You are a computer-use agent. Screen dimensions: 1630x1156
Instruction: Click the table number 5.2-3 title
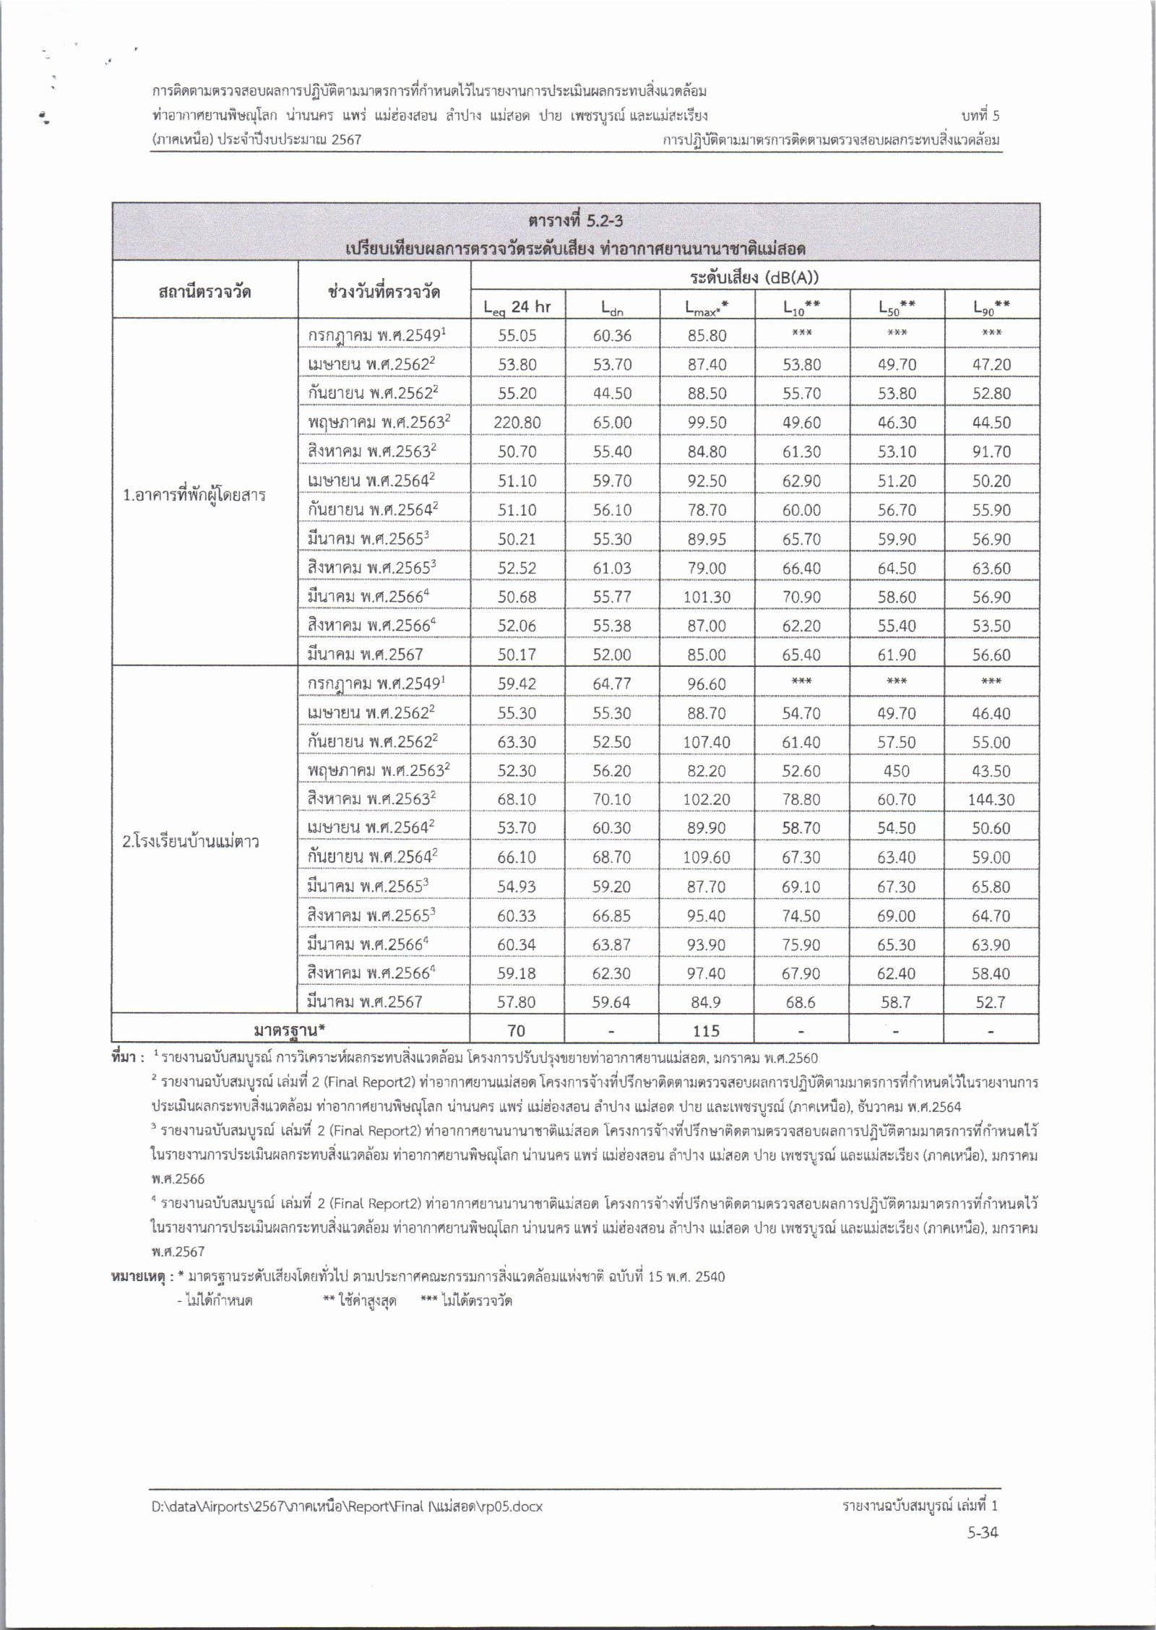point(575,220)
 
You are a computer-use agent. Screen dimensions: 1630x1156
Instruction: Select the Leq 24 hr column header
point(517,307)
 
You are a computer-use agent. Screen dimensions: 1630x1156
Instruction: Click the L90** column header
point(991,307)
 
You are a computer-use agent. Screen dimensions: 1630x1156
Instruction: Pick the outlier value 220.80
point(517,423)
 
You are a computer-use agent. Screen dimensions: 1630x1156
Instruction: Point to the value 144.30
point(991,800)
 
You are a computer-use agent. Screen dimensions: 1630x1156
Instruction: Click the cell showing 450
point(896,771)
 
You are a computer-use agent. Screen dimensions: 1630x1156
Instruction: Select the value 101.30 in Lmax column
point(707,597)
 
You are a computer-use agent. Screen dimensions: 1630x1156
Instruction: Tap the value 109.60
point(707,858)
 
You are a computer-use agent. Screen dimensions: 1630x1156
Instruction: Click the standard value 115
point(706,1031)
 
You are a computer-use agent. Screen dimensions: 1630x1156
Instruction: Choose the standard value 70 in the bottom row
point(517,1031)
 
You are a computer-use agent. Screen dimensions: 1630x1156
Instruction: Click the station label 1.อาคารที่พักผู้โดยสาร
point(194,496)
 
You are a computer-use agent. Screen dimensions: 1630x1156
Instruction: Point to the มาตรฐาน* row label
point(291,1031)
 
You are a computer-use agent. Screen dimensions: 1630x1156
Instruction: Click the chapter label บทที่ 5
point(980,116)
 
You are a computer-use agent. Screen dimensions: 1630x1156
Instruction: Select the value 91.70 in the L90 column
point(991,452)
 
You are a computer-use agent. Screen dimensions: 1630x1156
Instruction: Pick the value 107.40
point(707,742)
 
